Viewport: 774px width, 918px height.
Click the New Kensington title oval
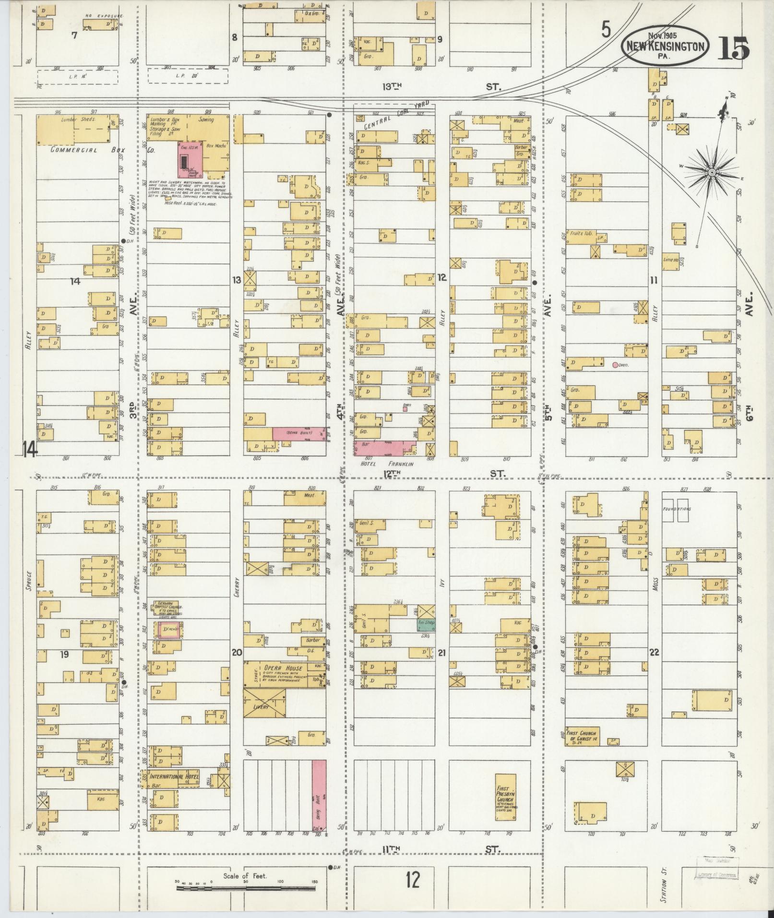tap(664, 46)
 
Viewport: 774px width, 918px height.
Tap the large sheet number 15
tap(733, 48)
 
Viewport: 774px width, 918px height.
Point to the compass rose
tap(712, 172)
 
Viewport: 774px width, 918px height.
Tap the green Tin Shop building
tap(426, 624)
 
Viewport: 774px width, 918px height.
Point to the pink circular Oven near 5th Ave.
tap(615, 365)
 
